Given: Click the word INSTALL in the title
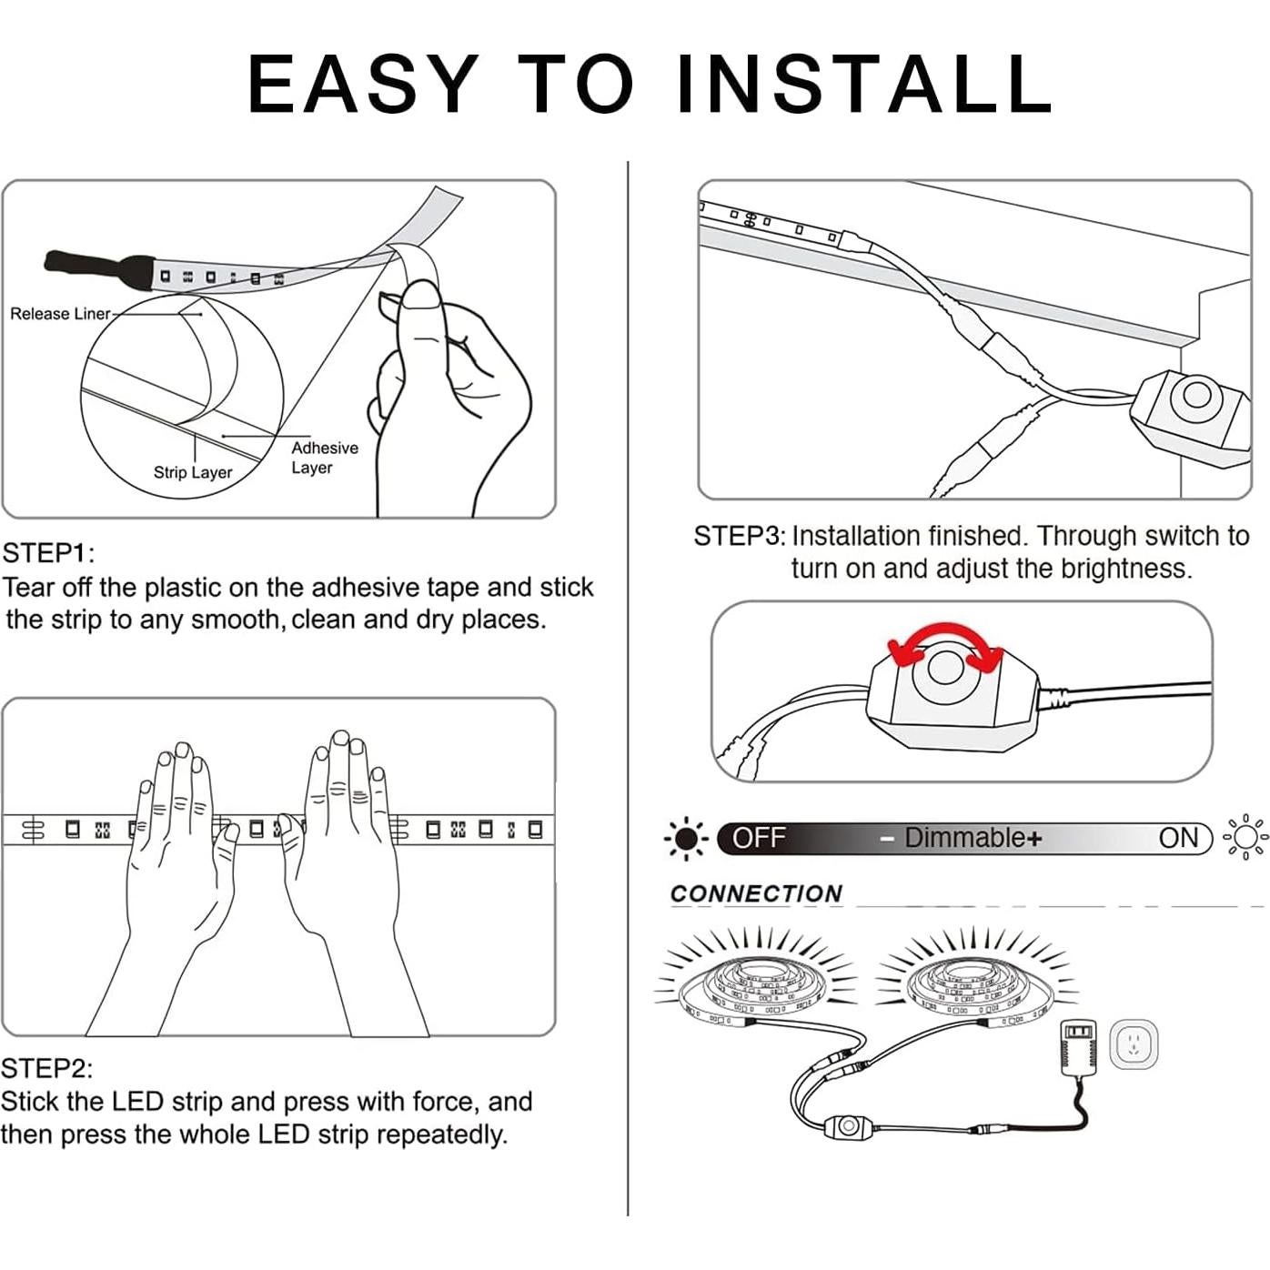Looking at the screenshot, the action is [x=863, y=85].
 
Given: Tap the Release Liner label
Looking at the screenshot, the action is [x=60, y=314].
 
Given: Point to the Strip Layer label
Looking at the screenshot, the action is [x=193, y=472].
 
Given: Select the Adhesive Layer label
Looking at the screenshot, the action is [x=324, y=458].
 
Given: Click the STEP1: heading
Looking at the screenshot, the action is [x=48, y=553].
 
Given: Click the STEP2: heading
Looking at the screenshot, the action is [x=46, y=1068].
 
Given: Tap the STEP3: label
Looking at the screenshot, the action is [x=740, y=537].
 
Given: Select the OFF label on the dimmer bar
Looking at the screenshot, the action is [x=760, y=838].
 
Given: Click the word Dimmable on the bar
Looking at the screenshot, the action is [x=964, y=838].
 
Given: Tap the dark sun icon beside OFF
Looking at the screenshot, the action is [x=686, y=838].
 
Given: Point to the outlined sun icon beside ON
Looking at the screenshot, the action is [x=1245, y=838].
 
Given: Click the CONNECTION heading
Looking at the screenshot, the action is [x=757, y=894].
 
